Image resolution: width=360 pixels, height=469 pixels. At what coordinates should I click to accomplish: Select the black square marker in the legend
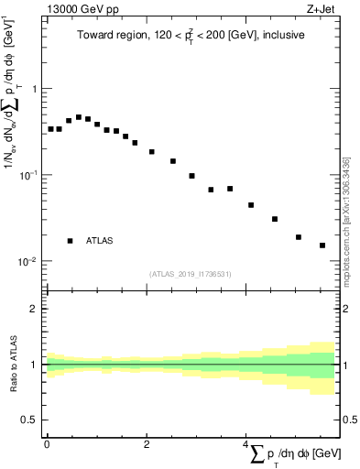(71, 241)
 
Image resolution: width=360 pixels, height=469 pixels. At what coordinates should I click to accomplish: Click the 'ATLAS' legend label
(100, 241)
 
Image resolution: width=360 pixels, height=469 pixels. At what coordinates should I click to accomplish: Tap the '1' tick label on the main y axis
(34, 89)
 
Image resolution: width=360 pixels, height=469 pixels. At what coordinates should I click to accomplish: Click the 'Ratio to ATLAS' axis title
(15, 364)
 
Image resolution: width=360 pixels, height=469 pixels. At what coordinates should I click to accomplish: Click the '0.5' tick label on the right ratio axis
(349, 420)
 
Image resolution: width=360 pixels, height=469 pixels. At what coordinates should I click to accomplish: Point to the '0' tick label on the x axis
(47, 444)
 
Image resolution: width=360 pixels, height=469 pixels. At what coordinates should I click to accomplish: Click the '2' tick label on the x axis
(147, 444)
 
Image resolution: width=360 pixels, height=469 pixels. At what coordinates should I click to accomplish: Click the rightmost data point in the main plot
(322, 245)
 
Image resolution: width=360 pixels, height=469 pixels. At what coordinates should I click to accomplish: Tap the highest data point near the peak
(79, 117)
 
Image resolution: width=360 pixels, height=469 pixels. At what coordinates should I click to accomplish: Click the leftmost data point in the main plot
(50, 129)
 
